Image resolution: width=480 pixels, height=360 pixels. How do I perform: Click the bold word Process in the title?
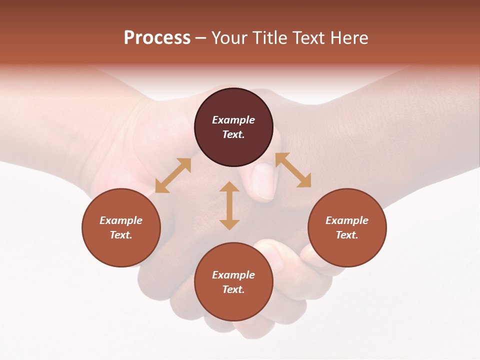click(x=157, y=38)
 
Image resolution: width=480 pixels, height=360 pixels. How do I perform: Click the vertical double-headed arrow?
click(x=229, y=205)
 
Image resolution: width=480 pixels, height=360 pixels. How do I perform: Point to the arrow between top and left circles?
click(x=173, y=175)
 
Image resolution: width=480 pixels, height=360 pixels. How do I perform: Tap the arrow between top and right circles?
click(x=293, y=170)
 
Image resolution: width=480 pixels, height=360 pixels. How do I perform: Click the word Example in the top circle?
click(x=233, y=120)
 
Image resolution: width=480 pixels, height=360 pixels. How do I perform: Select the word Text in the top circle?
click(x=233, y=134)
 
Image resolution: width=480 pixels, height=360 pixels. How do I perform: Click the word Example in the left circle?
click(x=121, y=220)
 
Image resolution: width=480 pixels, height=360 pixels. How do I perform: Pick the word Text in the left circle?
click(x=121, y=235)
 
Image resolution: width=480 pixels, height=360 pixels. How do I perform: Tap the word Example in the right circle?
click(x=347, y=220)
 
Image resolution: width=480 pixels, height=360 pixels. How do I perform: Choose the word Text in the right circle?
click(x=347, y=235)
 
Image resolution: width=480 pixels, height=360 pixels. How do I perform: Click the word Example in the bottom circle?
click(x=233, y=275)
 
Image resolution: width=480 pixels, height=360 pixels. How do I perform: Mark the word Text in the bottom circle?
click(x=233, y=289)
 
